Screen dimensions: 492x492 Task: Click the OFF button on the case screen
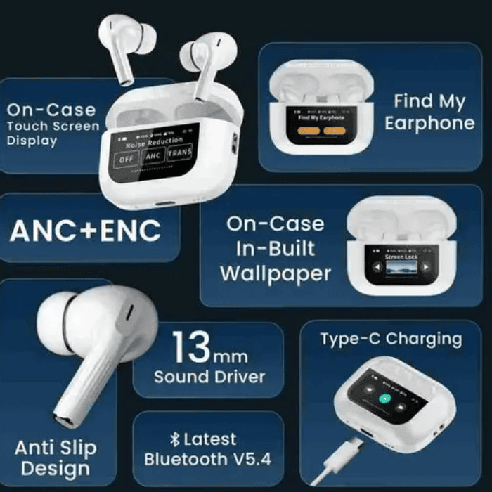pos(126,159)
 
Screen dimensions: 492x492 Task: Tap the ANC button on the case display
pos(154,155)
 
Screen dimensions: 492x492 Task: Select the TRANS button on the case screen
pos(180,153)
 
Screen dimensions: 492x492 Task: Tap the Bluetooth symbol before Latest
pos(176,439)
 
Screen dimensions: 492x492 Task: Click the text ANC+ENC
pos(85,230)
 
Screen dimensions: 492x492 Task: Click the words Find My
pos(429,101)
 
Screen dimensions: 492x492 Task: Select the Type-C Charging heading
pos(391,339)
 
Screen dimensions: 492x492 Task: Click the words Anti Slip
pos(56,448)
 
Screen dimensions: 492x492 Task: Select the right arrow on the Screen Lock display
pos(427,267)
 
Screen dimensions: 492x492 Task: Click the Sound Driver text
pos(209,376)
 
